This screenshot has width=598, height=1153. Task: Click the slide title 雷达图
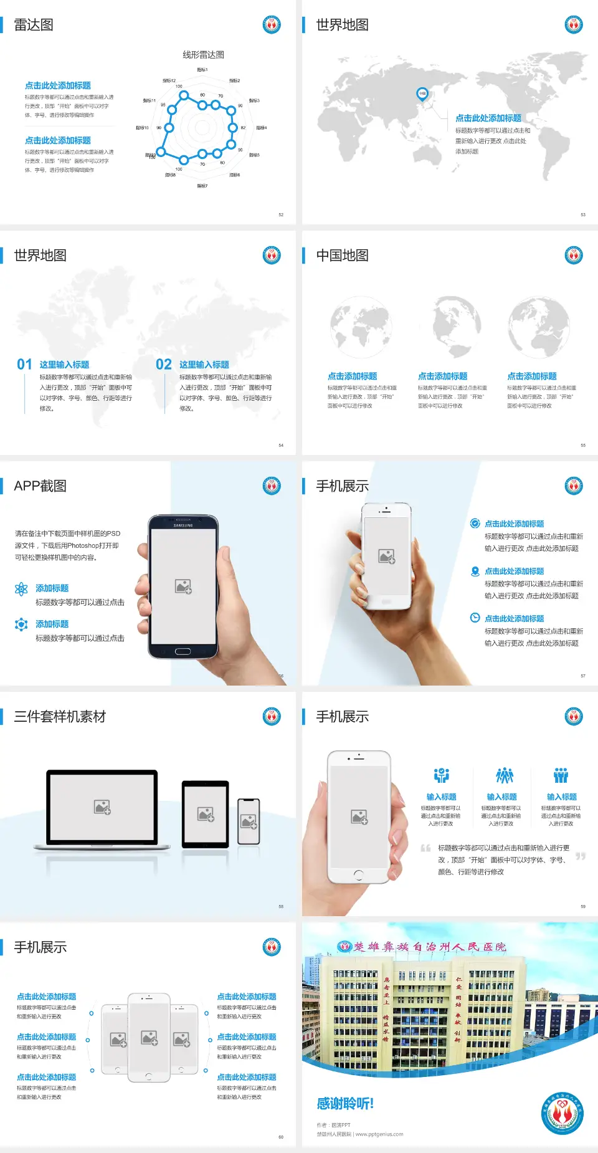(34, 25)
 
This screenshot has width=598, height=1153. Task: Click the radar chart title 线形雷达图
(203, 55)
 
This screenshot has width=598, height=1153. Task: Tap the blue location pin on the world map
(422, 94)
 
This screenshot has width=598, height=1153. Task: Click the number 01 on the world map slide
(24, 365)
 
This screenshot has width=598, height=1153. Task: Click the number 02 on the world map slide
(164, 365)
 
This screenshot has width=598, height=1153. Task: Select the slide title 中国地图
(342, 256)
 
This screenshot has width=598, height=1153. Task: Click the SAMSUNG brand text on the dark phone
(183, 525)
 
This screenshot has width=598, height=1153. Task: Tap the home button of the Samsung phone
(183, 651)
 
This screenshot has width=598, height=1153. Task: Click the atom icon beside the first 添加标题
(21, 589)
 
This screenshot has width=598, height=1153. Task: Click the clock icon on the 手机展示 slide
(475, 618)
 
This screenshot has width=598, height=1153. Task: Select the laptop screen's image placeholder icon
(102, 807)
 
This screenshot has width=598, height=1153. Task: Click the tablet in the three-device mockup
(206, 813)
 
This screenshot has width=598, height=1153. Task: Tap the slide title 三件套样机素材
(60, 717)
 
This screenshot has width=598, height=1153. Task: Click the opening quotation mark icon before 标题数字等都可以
(425, 848)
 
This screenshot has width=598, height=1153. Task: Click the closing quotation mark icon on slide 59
(581, 856)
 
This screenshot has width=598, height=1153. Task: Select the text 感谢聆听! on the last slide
(345, 1104)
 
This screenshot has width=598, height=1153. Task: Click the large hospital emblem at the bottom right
(562, 1113)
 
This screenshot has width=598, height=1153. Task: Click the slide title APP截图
(40, 486)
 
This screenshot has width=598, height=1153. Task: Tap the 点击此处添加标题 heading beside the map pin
(488, 118)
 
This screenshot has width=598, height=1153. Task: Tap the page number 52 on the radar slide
(281, 215)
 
